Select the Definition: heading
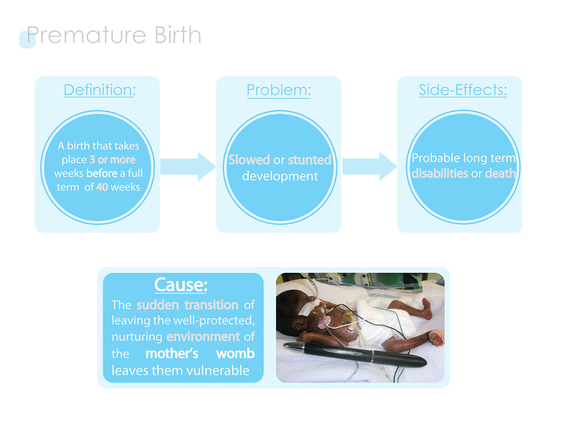coord(100,90)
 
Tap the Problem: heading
coord(279,90)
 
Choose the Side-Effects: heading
coord(463,90)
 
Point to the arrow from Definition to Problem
coord(188,166)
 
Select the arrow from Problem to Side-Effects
coord(370,166)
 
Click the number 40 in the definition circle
coord(102,187)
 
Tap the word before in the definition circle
coord(102,173)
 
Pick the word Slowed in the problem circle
coord(249,160)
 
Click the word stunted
coord(310,160)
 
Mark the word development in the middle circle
coord(280,176)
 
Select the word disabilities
coord(439,174)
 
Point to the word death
coord(500,174)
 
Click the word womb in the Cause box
coord(235,353)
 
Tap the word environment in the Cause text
coord(203,336)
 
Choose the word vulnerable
coord(218,370)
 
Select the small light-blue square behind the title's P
coord(27,40)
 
